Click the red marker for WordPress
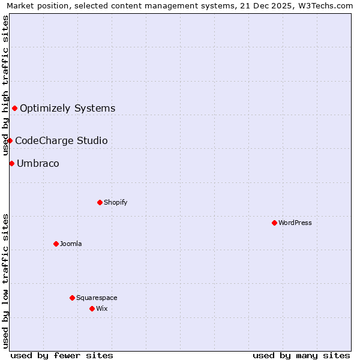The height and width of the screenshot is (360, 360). (274, 223)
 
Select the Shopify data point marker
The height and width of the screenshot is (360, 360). (100, 202)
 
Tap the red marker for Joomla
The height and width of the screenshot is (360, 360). (56, 244)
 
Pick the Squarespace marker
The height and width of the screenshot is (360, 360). (72, 298)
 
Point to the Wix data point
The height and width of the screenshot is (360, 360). (92, 308)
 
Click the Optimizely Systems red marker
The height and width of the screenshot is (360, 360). (14, 108)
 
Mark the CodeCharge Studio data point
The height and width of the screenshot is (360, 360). (10, 140)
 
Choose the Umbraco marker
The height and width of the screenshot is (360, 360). (11, 163)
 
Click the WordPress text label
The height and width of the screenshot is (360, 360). (295, 223)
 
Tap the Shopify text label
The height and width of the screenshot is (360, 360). (116, 202)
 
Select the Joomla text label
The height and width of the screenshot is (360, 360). (71, 244)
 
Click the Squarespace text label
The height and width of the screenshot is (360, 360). (97, 298)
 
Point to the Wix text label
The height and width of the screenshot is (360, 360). (102, 308)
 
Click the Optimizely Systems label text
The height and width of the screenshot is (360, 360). (68, 108)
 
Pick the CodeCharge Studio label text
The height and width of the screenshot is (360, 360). (61, 140)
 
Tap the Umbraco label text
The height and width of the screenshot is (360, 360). (38, 163)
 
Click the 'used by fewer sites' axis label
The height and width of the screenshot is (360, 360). (62, 355)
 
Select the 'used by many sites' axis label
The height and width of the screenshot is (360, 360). (301, 355)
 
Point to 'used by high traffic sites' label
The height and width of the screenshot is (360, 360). (6, 85)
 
